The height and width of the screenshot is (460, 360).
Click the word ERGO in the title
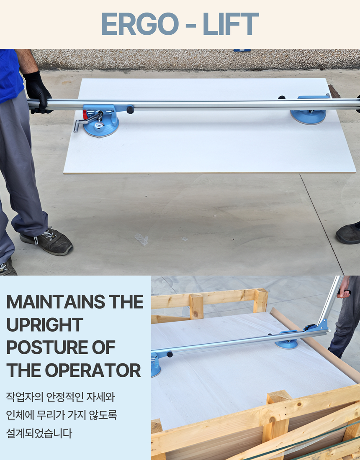click(140, 24)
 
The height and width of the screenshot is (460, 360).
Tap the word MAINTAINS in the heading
click(56, 302)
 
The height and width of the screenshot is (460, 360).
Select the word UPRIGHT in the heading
click(45, 325)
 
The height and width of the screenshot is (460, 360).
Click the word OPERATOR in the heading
click(93, 370)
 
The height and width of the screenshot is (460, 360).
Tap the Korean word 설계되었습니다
click(39, 433)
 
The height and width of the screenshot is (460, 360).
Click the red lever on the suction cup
click(85, 115)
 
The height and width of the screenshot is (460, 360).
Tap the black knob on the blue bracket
click(130, 110)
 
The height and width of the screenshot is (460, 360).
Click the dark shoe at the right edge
click(348, 233)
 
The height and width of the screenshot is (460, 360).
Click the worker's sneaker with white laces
click(47, 241)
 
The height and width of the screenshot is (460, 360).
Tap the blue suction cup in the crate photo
click(286, 344)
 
